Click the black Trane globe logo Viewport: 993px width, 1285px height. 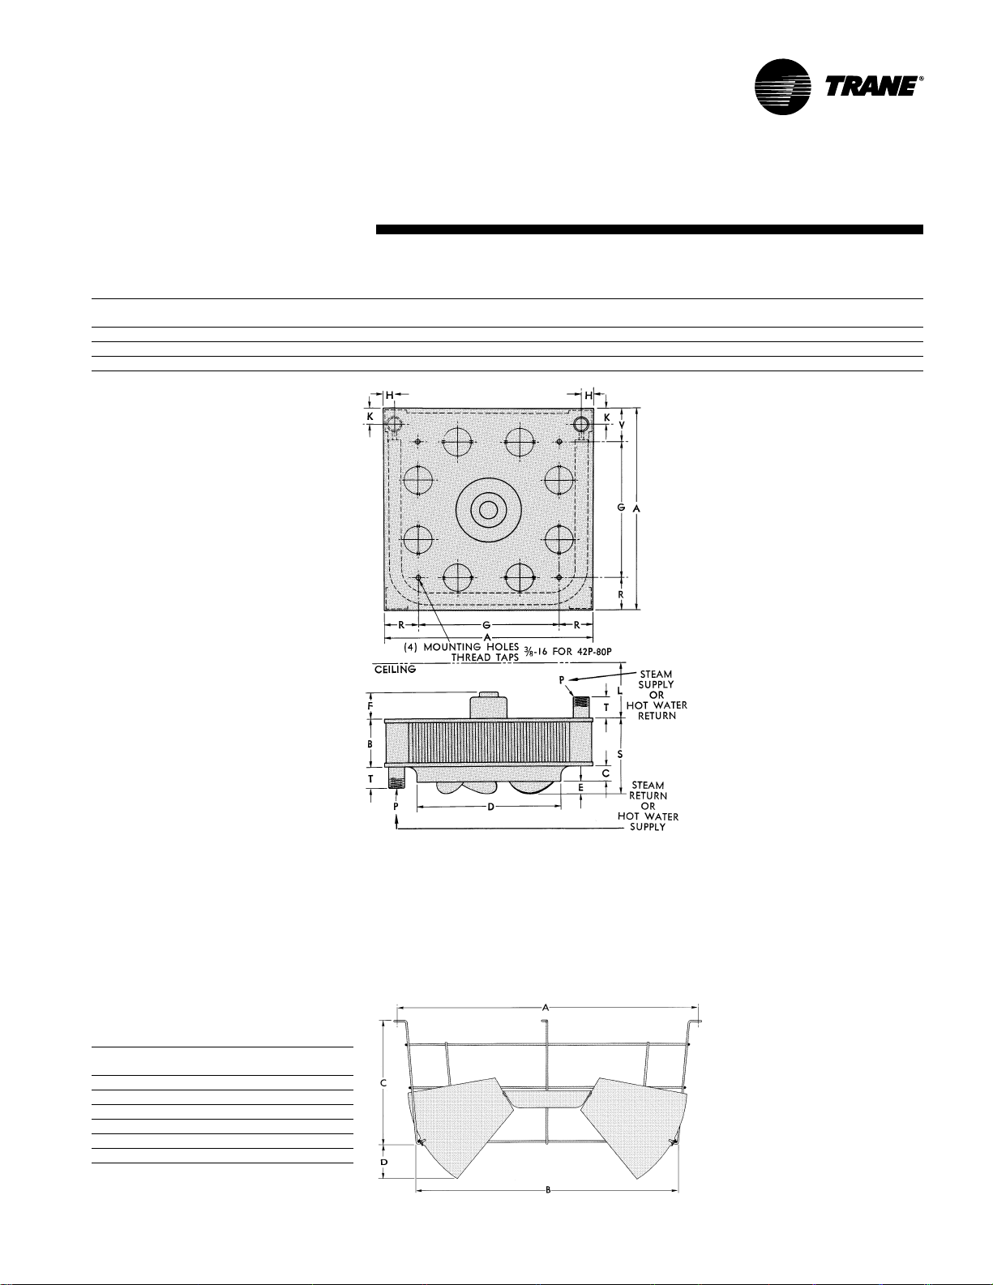pos(782,87)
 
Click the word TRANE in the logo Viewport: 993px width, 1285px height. pos(871,86)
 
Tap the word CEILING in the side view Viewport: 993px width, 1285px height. pos(396,670)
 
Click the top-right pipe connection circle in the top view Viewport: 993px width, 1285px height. pos(581,424)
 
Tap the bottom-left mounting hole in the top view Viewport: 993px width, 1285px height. pos(418,577)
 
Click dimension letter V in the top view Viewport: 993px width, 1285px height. pos(621,425)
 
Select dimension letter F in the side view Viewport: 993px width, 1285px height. pos(370,705)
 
